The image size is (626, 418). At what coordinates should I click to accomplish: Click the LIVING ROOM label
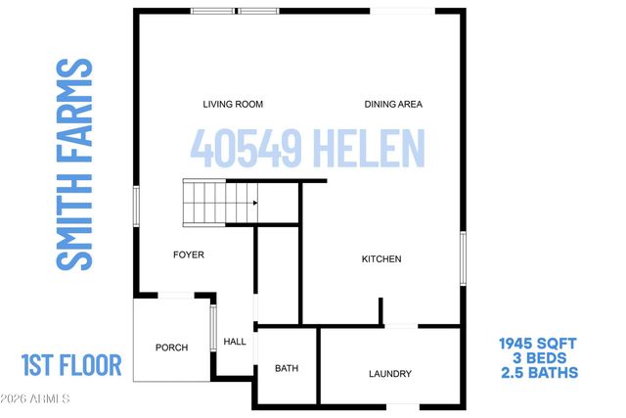233,104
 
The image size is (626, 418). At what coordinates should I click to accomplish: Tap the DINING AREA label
392,104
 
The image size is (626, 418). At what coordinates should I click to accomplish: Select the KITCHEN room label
381,258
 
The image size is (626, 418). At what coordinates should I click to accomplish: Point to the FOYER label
188,255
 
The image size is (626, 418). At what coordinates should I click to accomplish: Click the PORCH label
171,348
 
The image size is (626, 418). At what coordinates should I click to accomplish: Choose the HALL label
235,342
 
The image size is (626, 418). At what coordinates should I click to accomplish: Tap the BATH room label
287,369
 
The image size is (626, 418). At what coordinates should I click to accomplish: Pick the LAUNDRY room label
389,373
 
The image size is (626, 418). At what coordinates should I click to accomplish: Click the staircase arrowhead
254,203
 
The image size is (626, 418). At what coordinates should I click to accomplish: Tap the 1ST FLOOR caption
70,366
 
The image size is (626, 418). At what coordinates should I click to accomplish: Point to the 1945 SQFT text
538,343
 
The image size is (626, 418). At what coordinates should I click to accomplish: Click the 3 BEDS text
538,357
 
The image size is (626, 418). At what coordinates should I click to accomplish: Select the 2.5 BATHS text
538,372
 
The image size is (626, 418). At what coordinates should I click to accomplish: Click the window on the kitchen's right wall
462,260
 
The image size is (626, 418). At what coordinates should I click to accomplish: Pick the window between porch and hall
213,326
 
